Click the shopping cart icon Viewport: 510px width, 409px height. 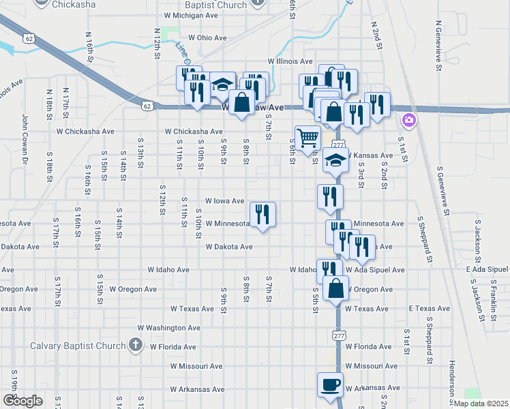click(x=307, y=138)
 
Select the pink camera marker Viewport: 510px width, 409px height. click(x=409, y=121)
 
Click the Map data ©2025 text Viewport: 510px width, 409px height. click(x=481, y=404)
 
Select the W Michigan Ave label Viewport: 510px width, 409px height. click(x=190, y=14)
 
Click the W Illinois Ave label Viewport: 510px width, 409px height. click(x=290, y=61)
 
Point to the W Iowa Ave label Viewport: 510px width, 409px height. click(x=224, y=201)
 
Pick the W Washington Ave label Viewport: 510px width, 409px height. click(x=168, y=328)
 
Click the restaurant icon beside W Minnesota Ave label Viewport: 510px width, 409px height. click(x=262, y=214)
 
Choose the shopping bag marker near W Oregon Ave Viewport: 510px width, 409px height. click(x=336, y=288)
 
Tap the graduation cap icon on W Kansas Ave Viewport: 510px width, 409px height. click(x=335, y=160)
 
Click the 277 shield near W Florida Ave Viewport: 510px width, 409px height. click(x=339, y=335)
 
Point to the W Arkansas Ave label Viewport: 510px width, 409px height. click(x=198, y=390)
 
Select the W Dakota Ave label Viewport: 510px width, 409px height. click(x=229, y=247)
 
